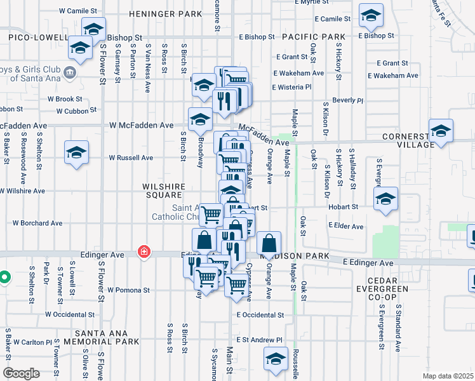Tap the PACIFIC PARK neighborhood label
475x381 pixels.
pyautogui.click(x=314, y=37)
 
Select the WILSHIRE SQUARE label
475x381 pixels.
pyautogui.click(x=164, y=191)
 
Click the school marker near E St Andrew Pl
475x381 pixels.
pyautogui.click(x=276, y=359)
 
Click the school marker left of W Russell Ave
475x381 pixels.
pyautogui.click(x=76, y=152)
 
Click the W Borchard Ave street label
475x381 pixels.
pyautogui.click(x=37, y=224)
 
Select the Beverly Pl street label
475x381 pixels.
pyautogui.click(x=347, y=100)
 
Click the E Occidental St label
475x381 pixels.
pyautogui.click(x=260, y=315)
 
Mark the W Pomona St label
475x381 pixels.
pyautogui.click(x=128, y=290)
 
